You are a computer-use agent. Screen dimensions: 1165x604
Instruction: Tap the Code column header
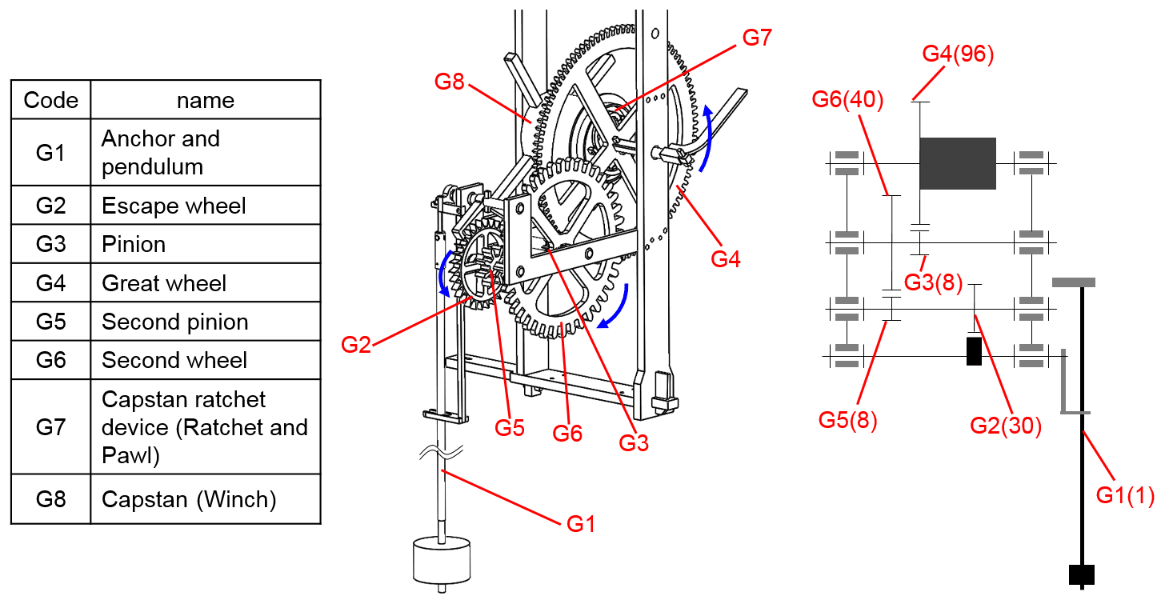point(51,100)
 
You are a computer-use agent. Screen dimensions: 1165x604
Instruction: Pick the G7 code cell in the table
point(51,426)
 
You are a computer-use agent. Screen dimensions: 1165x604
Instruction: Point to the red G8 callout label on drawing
point(450,82)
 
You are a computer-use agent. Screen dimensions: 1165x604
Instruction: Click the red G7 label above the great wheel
point(757,38)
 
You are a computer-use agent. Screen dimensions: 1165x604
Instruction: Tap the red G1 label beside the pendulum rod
point(580,524)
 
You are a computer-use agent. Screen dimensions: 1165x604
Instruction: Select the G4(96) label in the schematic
point(958,54)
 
